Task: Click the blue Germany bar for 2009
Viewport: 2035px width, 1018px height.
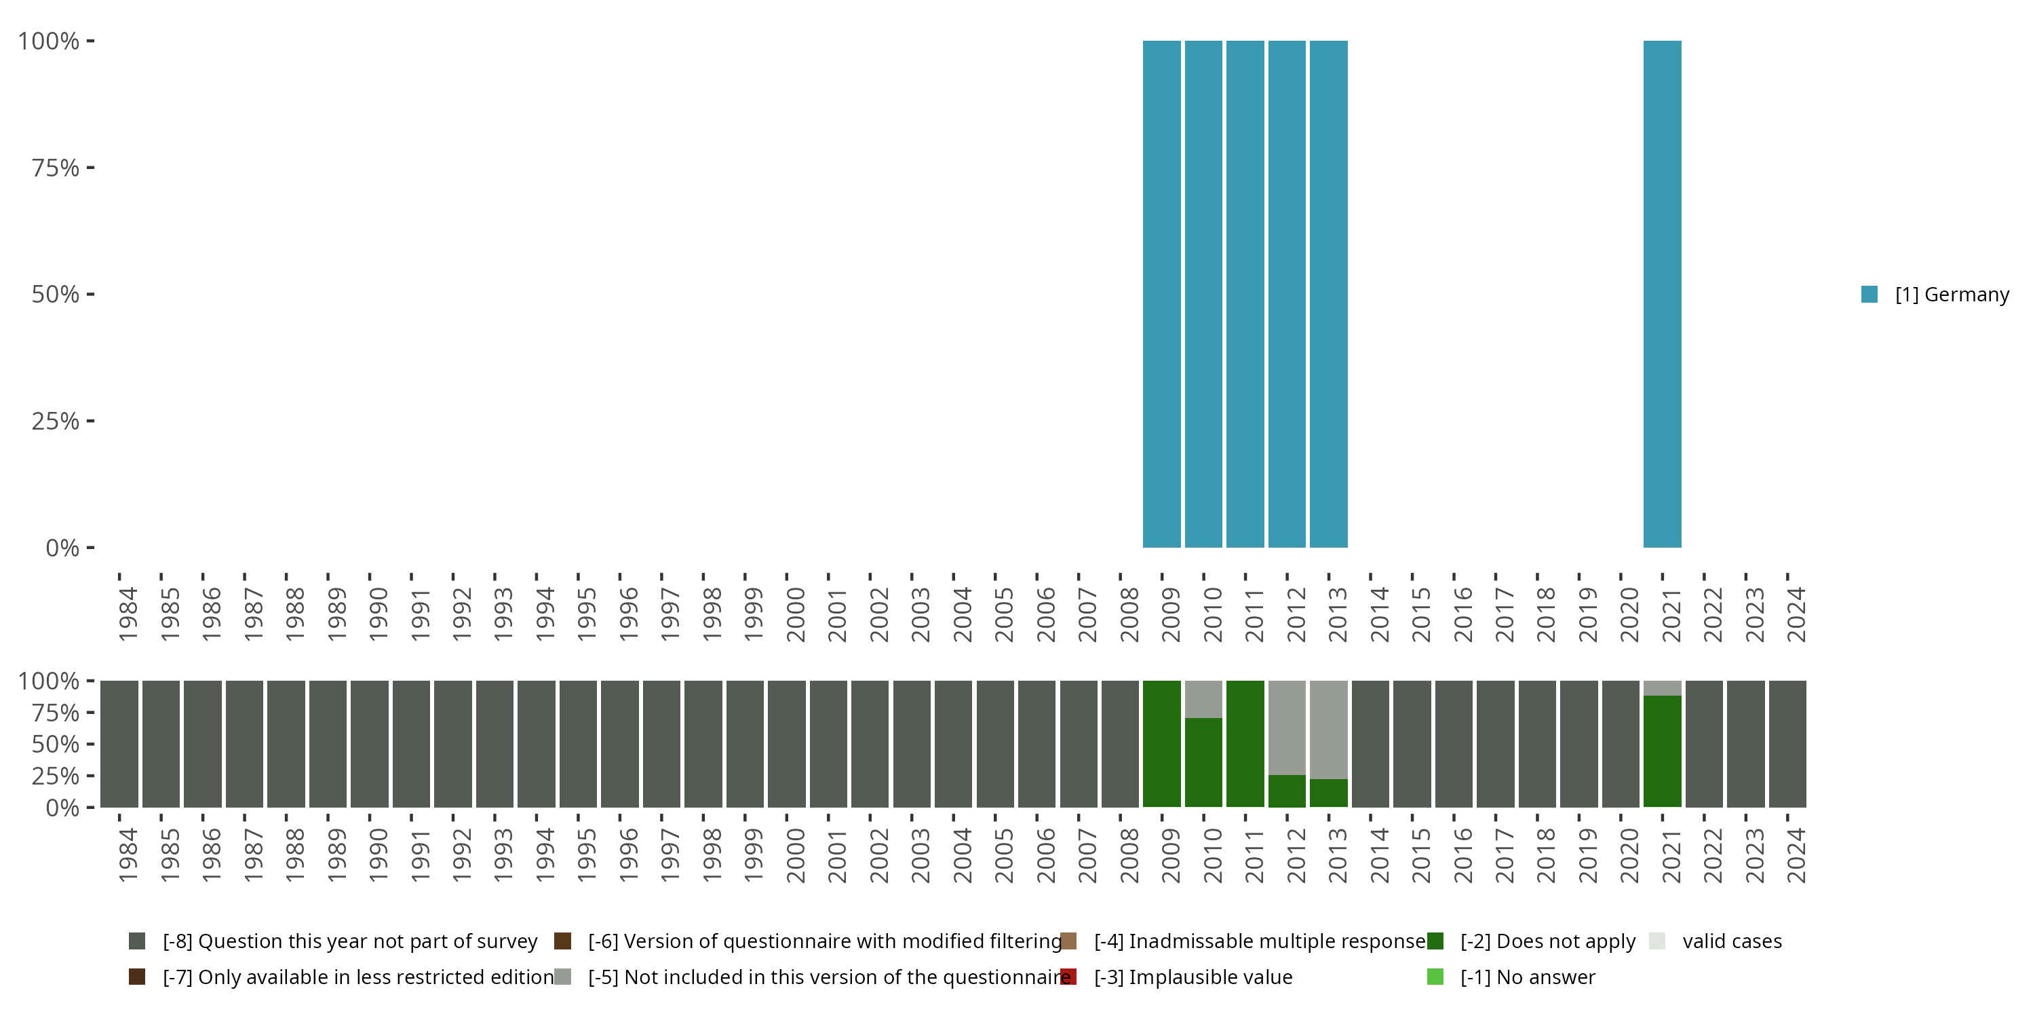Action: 1161,294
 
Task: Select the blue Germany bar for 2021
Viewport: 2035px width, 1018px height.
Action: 1662,294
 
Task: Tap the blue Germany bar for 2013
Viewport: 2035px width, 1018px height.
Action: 1328,294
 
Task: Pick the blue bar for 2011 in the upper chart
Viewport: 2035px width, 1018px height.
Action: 1245,294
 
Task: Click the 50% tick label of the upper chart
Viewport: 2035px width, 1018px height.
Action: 56,295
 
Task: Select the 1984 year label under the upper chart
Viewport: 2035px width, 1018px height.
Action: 128,614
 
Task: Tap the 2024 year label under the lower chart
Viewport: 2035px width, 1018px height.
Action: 1796,855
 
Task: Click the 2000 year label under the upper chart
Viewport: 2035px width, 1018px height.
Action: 796,614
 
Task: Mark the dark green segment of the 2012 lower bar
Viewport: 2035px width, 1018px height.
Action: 1287,791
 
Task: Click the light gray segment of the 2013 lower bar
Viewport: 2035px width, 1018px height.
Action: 1328,730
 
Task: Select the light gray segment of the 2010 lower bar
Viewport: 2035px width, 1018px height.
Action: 1203,699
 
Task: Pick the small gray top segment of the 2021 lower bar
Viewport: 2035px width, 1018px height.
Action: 1662,687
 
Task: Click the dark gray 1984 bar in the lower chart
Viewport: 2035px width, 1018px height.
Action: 119,744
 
